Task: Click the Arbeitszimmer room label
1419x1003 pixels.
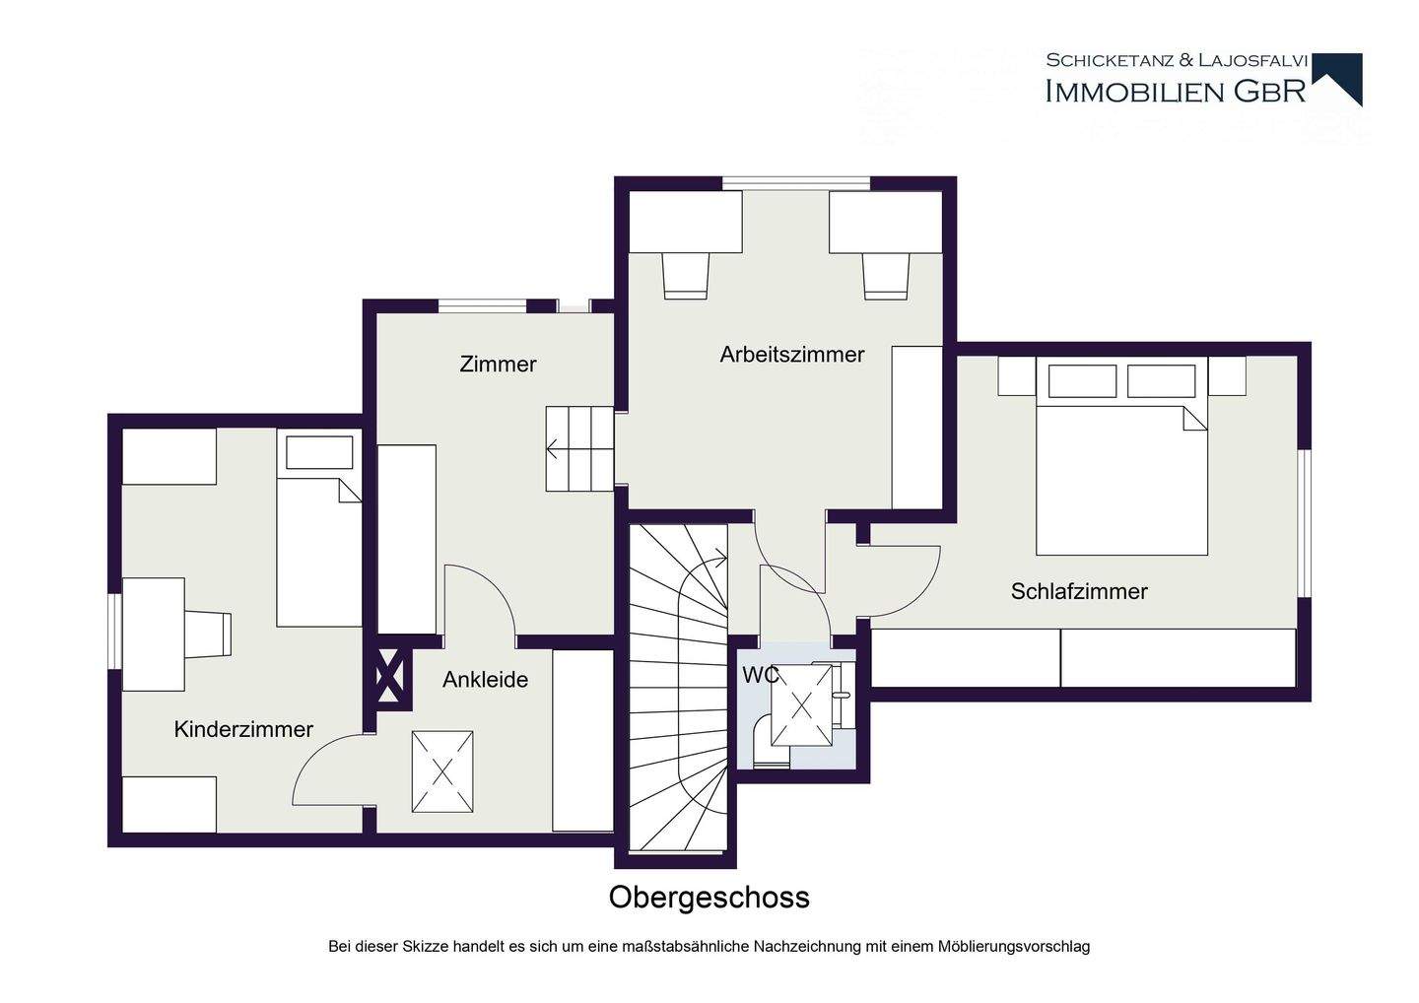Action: click(x=792, y=355)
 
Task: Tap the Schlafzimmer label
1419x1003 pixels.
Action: click(x=1079, y=591)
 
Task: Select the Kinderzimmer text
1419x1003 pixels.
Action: click(x=243, y=729)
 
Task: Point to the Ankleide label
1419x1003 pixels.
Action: click(x=485, y=680)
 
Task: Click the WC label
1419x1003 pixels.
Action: click(x=761, y=676)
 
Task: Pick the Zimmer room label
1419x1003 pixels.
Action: click(x=498, y=365)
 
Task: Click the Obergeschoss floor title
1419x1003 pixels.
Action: click(x=709, y=898)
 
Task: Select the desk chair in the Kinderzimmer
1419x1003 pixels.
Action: click(x=209, y=634)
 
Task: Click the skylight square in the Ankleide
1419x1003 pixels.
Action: click(x=442, y=771)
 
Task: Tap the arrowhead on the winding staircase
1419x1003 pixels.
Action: click(x=721, y=558)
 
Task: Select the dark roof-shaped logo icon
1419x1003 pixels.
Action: click(x=1336, y=79)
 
